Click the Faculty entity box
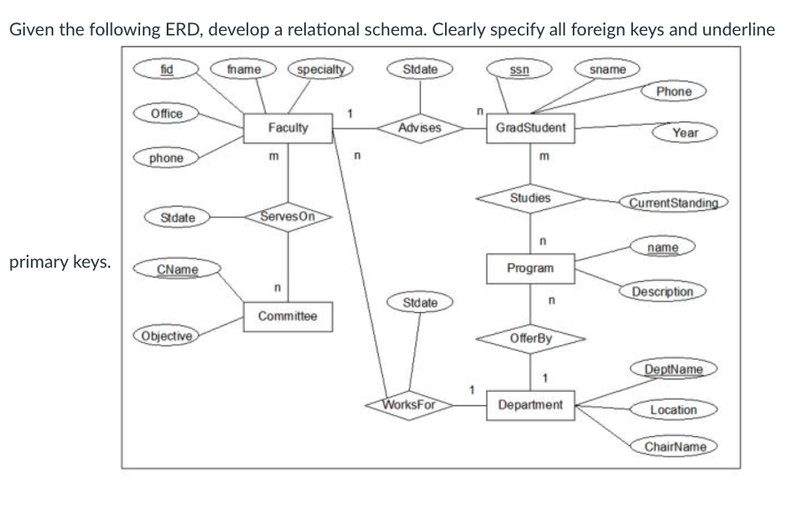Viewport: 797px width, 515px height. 288,129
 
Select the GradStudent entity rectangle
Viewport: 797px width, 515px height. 531,129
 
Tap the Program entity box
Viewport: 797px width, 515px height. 530,268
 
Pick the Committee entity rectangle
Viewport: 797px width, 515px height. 288,316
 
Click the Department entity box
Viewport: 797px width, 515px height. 530,405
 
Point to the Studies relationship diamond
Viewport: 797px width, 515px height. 530,199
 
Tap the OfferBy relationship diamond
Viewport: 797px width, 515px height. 530,338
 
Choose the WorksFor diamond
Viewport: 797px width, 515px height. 408,405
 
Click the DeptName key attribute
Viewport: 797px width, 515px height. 672,369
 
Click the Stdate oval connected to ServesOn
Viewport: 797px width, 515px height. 173,216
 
